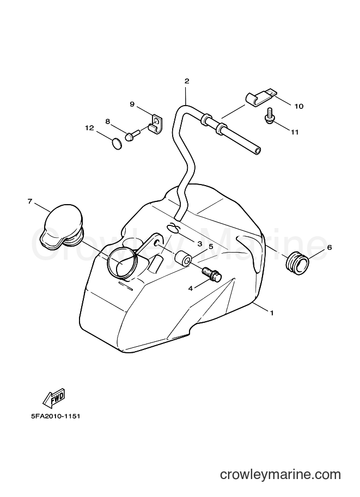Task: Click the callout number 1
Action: coord(272,313)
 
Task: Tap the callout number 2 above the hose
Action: coord(186,81)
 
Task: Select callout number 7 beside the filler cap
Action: coord(30,201)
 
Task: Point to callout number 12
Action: coord(89,128)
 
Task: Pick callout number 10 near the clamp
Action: coord(299,106)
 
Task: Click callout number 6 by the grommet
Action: coord(330,247)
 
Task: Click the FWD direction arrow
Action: coord(54,398)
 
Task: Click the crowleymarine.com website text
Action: coord(280,475)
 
